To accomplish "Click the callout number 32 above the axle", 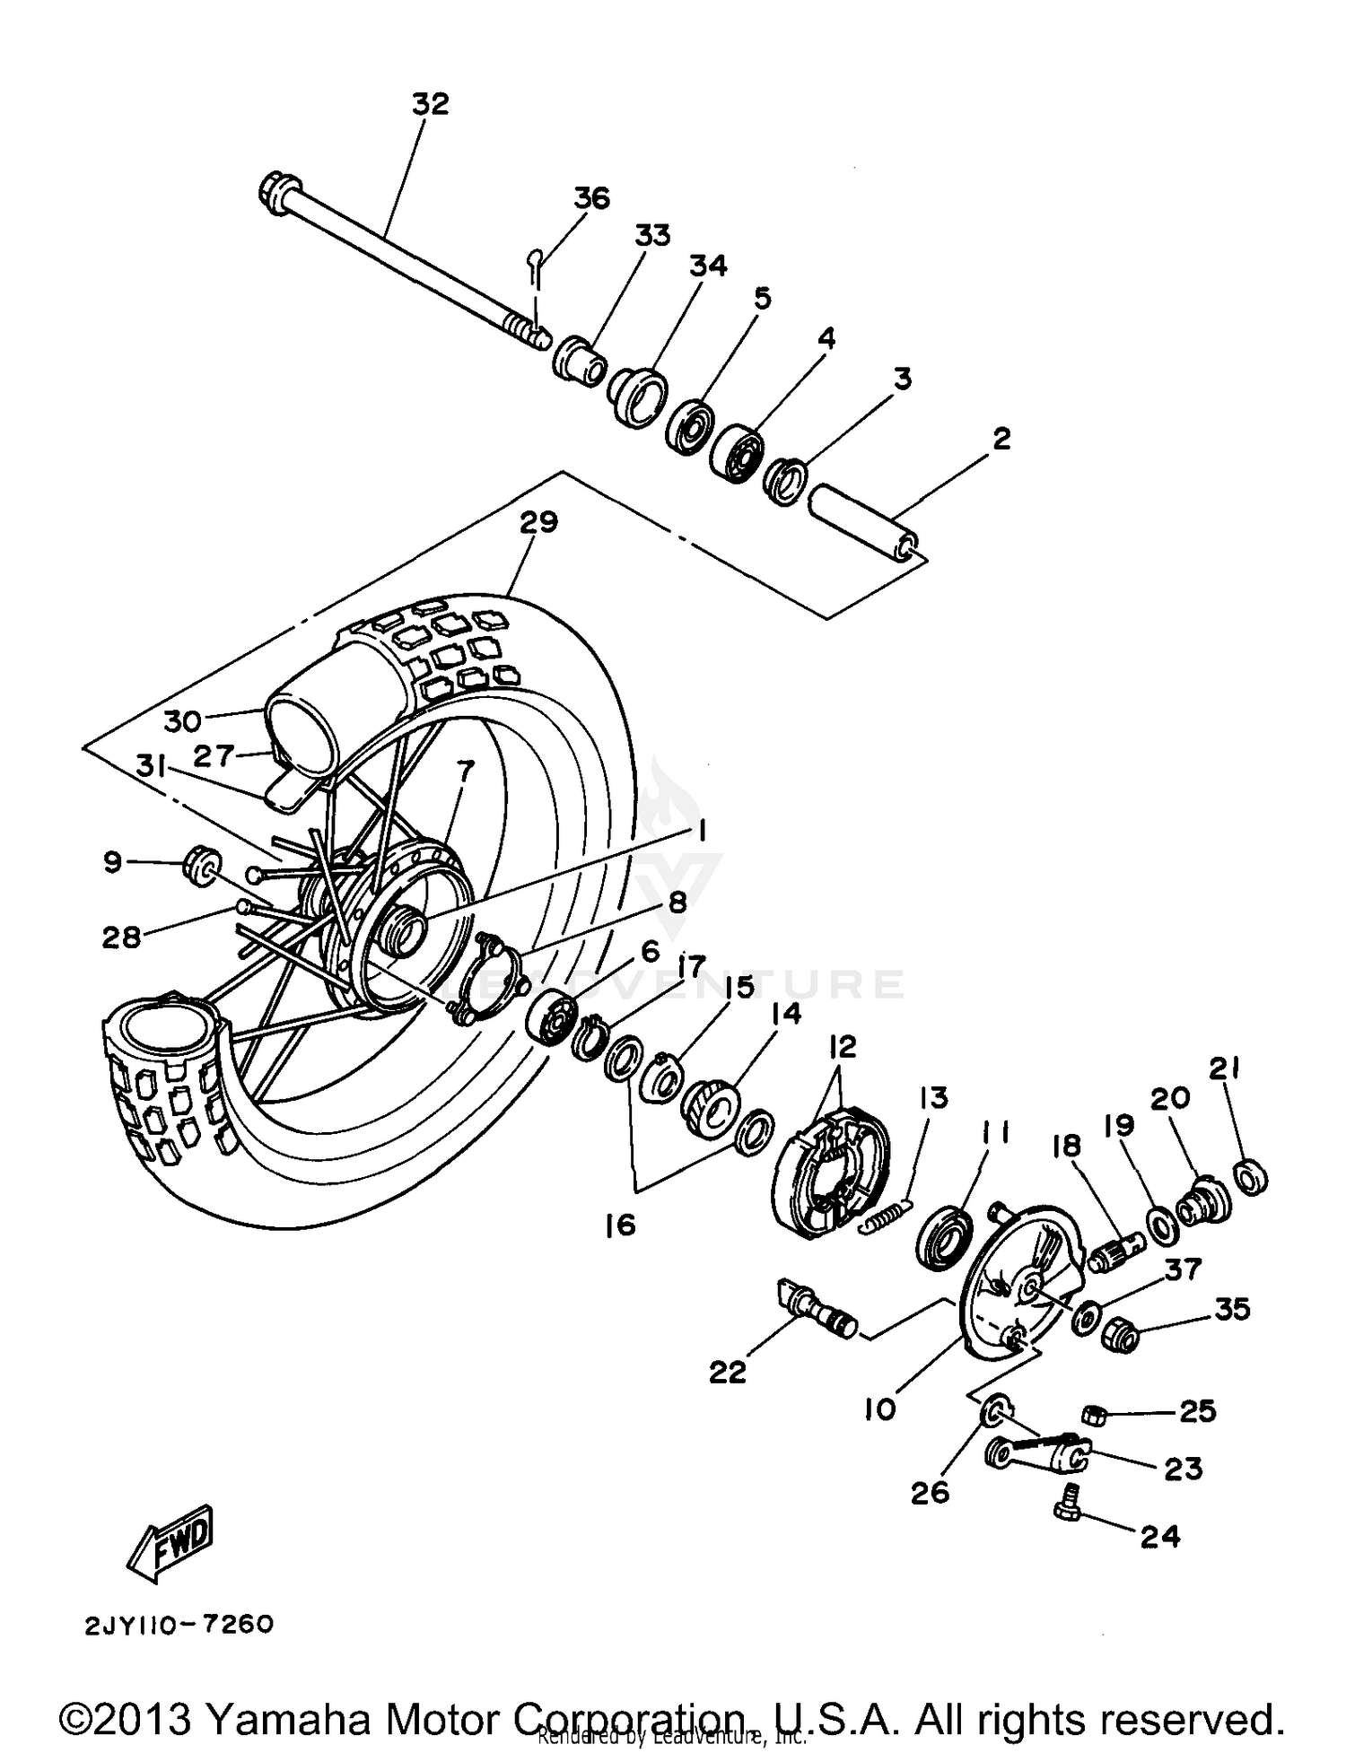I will [x=430, y=104].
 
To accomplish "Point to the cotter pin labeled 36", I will [x=534, y=265].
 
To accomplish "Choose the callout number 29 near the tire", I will [x=538, y=523].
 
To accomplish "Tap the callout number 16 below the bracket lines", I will [x=620, y=1225].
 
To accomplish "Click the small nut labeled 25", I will [x=1093, y=1415].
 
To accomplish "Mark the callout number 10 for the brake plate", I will [x=880, y=1409].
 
